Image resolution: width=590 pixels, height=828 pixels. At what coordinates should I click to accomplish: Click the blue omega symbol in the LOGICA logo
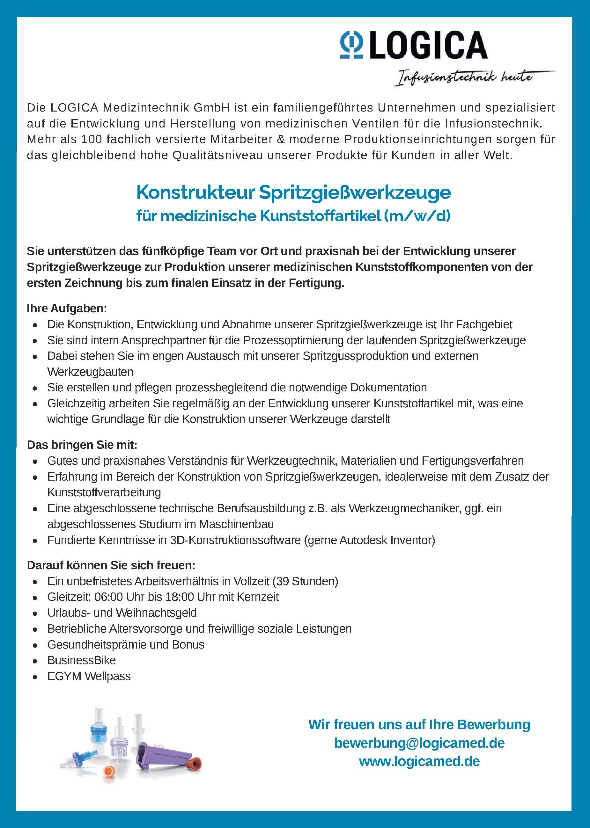coord(351,45)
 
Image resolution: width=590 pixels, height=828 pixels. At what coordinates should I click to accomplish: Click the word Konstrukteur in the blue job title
coord(195,192)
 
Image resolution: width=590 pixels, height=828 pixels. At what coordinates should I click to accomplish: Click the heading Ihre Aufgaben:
coord(67,309)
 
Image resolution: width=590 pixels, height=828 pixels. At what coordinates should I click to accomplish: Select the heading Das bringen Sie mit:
coord(82,445)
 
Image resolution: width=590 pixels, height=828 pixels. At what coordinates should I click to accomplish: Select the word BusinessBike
coord(81,660)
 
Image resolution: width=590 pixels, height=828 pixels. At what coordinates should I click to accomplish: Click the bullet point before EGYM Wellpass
coord(35,677)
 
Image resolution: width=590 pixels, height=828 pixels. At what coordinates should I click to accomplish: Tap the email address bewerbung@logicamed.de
coord(419,743)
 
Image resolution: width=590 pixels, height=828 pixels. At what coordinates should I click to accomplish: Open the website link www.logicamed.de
coord(419,761)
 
